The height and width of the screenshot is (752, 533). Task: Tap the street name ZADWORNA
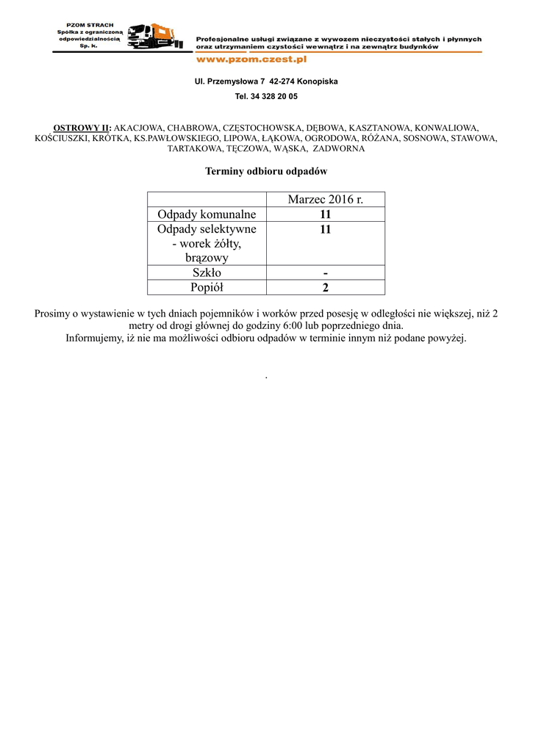click(339, 148)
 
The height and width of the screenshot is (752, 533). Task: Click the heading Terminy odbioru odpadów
click(266, 171)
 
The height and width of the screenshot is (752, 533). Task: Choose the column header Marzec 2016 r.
click(325, 200)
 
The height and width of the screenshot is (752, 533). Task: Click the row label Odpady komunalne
click(207, 214)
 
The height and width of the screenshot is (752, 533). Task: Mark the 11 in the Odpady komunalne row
click(325, 214)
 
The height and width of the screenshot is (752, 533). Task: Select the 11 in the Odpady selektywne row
click(325, 230)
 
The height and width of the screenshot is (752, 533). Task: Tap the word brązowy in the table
click(207, 258)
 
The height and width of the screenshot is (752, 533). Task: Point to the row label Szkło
click(207, 272)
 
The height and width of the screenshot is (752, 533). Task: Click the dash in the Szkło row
click(325, 272)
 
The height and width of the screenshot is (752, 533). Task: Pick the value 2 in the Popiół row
click(325, 287)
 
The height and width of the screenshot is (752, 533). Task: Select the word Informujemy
click(93, 339)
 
